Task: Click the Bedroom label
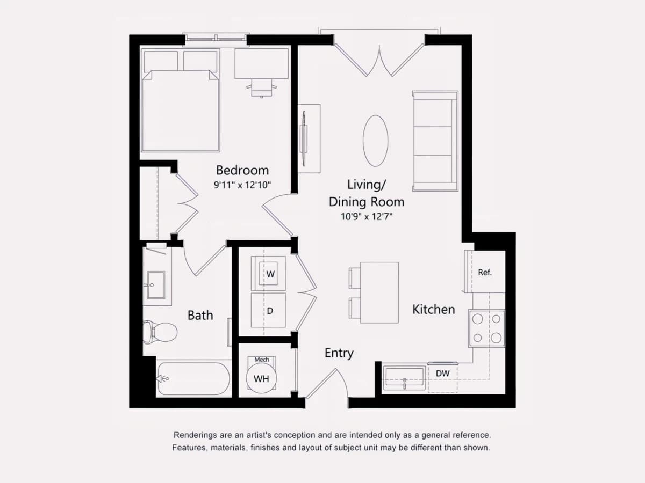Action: (242, 170)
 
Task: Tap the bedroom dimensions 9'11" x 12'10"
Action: (242, 185)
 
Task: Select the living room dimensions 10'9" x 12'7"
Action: (367, 217)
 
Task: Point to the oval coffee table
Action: (376, 141)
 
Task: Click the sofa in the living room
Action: (435, 141)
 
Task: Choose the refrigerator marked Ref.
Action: (485, 272)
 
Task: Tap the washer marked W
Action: (268, 274)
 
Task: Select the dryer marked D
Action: (268, 310)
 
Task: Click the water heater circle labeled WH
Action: (261, 378)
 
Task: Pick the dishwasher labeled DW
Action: (442, 377)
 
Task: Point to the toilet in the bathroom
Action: (160, 332)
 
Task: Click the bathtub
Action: (194, 378)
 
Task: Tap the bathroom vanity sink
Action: (156, 285)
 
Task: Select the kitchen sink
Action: (404, 378)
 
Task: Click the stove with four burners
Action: (486, 328)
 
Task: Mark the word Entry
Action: (339, 353)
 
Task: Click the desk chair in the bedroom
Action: (262, 88)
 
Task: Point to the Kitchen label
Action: (434, 310)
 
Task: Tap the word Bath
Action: (200, 315)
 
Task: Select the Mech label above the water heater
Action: (262, 360)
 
